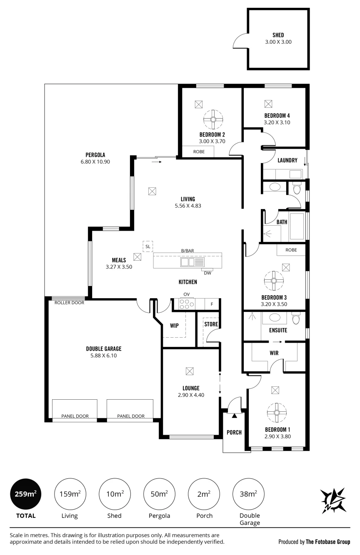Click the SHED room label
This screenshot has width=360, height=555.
(278, 35)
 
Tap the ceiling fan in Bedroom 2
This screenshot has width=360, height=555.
(213, 119)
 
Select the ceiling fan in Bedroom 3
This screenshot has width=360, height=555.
(274, 281)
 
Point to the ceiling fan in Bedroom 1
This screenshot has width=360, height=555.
(277, 413)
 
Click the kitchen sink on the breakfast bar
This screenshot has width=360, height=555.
(187, 262)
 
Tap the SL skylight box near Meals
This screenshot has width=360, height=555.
(148, 246)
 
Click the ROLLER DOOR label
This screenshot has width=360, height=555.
(70, 303)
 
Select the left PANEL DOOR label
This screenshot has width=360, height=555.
(75, 416)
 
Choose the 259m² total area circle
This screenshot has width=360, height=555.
(25, 494)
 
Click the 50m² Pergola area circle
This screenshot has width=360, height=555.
(159, 494)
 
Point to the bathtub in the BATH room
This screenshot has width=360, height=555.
(297, 226)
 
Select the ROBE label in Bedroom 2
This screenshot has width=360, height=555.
(199, 152)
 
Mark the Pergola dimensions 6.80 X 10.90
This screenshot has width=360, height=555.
(95, 162)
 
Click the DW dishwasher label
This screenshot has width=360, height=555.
(207, 273)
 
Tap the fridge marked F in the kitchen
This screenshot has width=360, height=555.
(212, 304)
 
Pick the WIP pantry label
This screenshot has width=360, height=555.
(174, 326)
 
